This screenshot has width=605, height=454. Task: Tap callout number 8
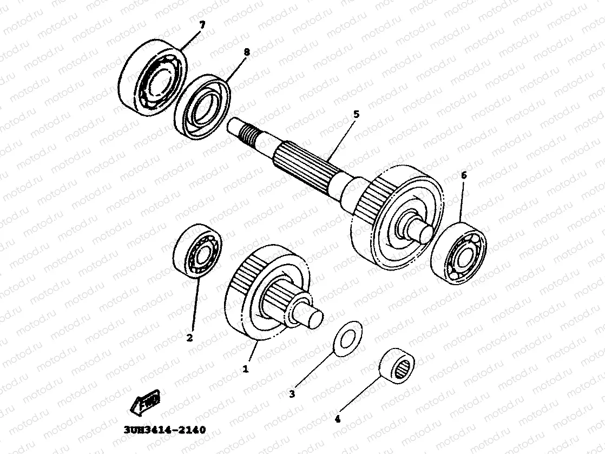pos(247,52)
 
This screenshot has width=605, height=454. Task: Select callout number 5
pos(356,114)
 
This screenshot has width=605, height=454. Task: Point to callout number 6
pos(463,175)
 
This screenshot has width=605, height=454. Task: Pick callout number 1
pos(245,369)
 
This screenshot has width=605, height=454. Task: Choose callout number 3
pos(292,394)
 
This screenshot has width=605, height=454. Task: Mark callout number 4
pos(338,418)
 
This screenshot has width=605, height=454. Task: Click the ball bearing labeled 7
pos(153,80)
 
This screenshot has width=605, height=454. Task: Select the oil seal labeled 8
pos(202,107)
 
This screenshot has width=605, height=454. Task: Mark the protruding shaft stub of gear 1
pos(312,319)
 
